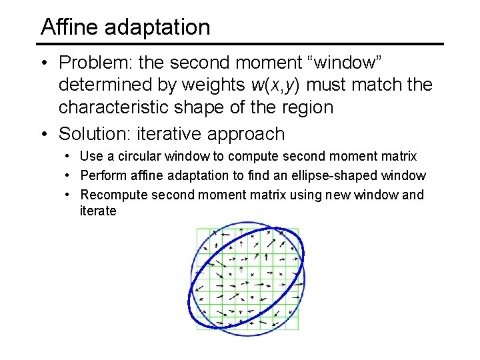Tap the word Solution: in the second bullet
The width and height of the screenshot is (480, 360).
point(95,134)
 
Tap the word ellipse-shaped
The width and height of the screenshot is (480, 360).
point(346,176)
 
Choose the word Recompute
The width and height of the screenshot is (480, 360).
point(113,195)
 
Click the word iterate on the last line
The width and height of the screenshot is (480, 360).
point(98,211)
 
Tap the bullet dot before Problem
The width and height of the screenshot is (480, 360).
point(43,63)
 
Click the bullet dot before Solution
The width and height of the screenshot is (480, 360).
point(43,135)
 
